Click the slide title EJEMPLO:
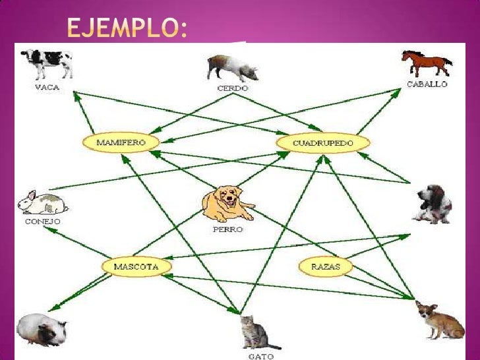[x=127, y=27]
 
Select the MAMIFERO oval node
[x=121, y=142]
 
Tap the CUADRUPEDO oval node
[x=323, y=142]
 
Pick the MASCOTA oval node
[x=136, y=266]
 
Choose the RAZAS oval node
[x=325, y=266]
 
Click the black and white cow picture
[x=47, y=63]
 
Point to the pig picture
[x=231, y=67]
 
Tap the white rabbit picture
[x=42, y=202]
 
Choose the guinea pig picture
[x=41, y=328]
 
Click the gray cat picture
[x=253, y=332]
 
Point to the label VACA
[x=47, y=87]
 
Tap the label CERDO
[x=232, y=88]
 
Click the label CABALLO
[x=427, y=84]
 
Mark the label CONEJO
[x=42, y=222]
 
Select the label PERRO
[x=227, y=229]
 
